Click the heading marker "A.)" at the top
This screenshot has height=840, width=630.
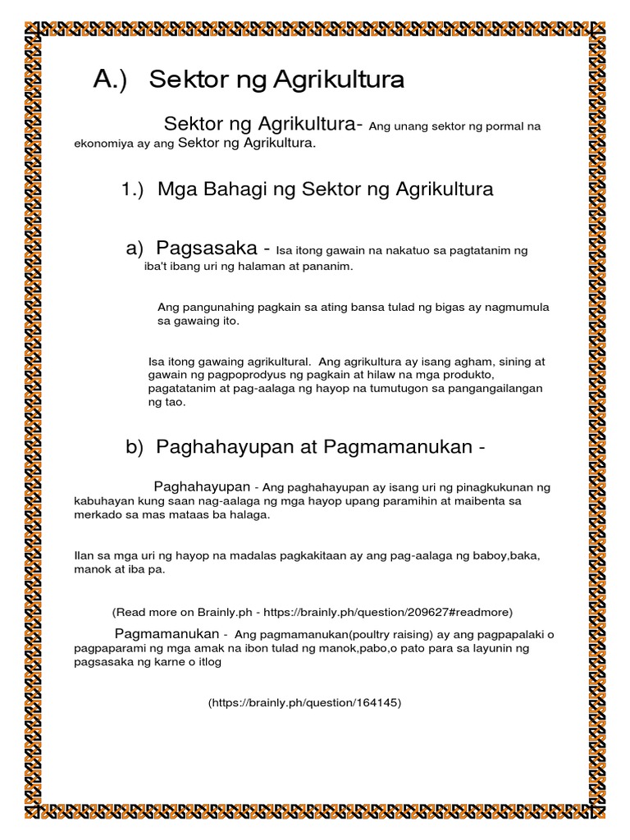(111, 80)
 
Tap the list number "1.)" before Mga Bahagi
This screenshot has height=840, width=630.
(133, 190)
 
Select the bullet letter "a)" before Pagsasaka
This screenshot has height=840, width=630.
(135, 249)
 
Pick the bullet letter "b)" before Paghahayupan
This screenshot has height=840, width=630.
(135, 447)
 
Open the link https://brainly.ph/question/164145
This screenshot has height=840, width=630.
(305, 703)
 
